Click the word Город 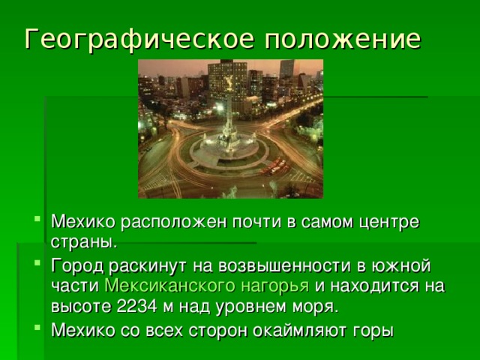(73, 266)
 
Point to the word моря (317, 307)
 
